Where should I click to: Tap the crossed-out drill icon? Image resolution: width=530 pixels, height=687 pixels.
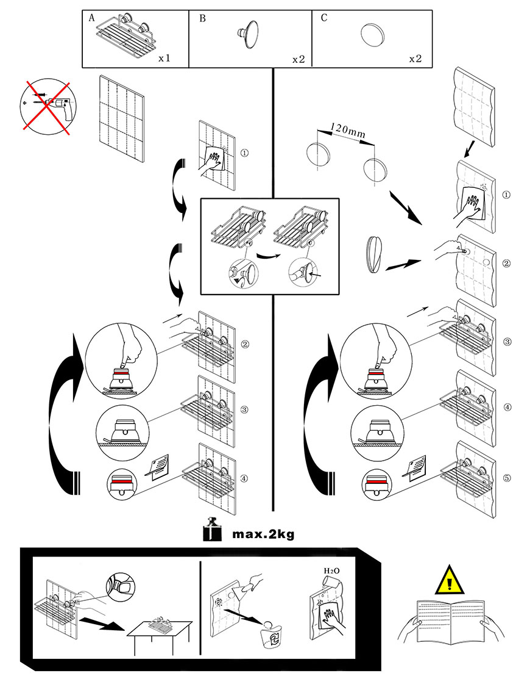click(x=46, y=106)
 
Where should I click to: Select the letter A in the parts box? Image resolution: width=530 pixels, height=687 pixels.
click(x=92, y=18)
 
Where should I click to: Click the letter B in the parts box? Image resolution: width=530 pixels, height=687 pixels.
click(x=202, y=18)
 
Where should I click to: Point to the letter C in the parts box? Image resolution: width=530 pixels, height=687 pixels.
click(x=323, y=18)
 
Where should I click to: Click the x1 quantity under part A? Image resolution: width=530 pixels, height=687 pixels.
click(x=164, y=59)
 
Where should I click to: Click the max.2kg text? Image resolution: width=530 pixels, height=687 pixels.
click(x=263, y=534)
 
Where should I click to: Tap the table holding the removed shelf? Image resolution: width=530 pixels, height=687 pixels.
click(x=159, y=635)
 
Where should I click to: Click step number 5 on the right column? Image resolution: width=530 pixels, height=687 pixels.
click(x=507, y=477)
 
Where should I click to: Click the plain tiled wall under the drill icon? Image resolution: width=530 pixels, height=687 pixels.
click(x=121, y=119)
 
